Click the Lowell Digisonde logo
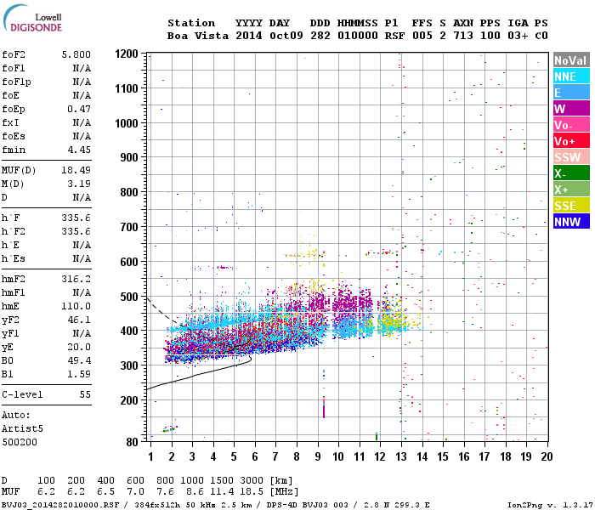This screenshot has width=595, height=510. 33,18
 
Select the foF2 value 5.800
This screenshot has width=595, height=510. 76,54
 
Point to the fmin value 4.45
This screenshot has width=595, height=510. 79,150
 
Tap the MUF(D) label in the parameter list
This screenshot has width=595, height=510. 19,170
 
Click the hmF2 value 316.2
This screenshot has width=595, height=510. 76,280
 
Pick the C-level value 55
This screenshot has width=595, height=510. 85,394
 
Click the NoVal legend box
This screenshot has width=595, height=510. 571,60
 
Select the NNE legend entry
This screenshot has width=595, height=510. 571,76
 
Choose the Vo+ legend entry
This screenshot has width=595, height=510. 571,141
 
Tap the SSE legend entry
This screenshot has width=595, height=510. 571,206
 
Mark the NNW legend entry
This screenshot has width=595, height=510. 571,222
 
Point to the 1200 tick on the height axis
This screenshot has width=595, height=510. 127,54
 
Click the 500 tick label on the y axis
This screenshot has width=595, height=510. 129,297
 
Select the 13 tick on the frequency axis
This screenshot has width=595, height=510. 401,456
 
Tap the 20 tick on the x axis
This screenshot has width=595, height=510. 547,456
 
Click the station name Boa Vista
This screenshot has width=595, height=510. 198,36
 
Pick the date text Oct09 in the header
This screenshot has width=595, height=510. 286,36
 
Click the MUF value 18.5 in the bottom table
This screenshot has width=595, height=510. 252,492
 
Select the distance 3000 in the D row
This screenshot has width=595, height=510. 252,481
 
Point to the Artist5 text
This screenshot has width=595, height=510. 22,428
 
